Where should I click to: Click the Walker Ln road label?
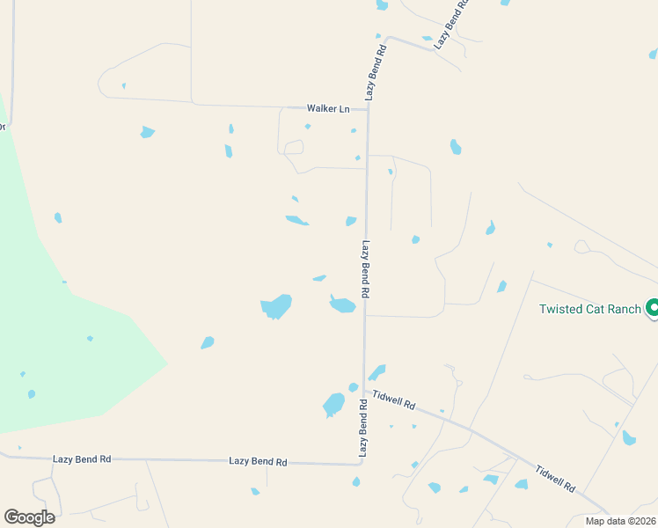pyautogui.click(x=328, y=108)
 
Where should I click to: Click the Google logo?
pyautogui.click(x=29, y=517)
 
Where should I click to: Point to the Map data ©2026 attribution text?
pyautogui.click(x=619, y=521)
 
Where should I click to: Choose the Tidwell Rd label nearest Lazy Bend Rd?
pyautogui.click(x=393, y=400)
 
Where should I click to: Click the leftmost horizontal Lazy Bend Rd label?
pyautogui.click(x=82, y=458)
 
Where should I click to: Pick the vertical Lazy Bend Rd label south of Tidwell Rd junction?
pyautogui.click(x=362, y=427)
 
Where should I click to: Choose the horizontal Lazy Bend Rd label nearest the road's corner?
pyautogui.click(x=258, y=461)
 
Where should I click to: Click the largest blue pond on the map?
pyautogui.click(x=276, y=306)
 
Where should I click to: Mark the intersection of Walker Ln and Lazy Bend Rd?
pyautogui.click(x=367, y=109)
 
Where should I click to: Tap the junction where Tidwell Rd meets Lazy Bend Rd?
pyautogui.click(x=365, y=390)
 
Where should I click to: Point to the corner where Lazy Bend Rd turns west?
pyautogui.click(x=362, y=463)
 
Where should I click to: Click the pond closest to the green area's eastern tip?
pyautogui.click(x=208, y=342)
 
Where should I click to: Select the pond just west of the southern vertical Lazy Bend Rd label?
pyautogui.click(x=333, y=405)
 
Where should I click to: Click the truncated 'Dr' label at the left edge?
pyautogui.click(x=3, y=127)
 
